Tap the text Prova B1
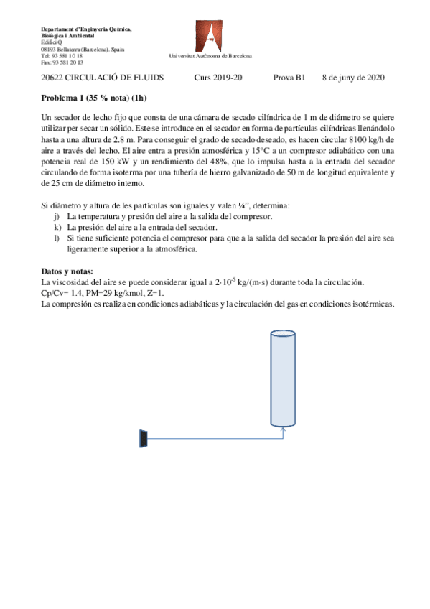289,77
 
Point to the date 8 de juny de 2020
353,77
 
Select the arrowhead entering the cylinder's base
284,430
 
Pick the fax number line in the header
62,62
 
